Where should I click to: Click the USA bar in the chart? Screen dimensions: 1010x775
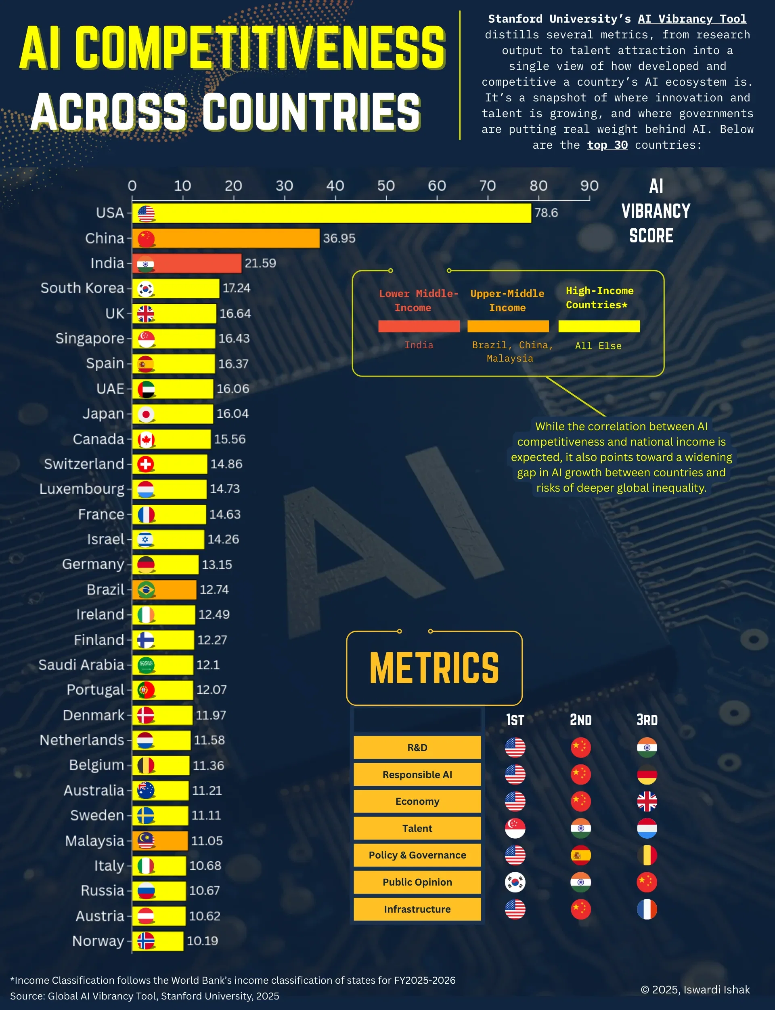coord(331,213)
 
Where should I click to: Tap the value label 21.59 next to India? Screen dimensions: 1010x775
coord(260,263)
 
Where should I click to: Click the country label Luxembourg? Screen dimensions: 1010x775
coord(82,489)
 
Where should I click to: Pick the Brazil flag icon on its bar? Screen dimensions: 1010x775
coord(146,590)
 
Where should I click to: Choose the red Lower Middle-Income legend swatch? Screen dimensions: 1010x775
coord(419,326)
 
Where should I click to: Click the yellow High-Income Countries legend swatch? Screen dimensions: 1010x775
coord(599,326)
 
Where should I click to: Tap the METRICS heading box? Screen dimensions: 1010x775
coord(434,668)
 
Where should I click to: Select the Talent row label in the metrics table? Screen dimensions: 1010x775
coord(417,828)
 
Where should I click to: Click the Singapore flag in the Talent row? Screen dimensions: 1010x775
coord(515,828)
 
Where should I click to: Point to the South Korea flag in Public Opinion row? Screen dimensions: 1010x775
coord(515,882)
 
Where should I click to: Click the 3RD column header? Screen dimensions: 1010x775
coord(647,720)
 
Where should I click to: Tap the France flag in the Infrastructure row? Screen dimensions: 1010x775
coord(647,909)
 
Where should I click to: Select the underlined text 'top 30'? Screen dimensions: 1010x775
coord(607,145)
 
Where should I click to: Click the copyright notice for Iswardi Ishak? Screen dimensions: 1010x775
coord(695,990)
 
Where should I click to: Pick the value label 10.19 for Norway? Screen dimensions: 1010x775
coord(202,941)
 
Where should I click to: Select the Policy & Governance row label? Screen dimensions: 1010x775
coord(417,855)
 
